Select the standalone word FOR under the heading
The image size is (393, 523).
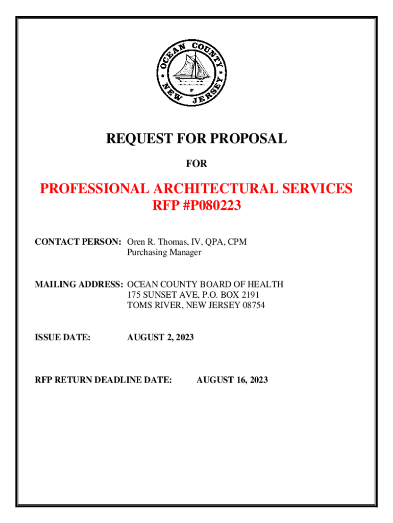coord(196,164)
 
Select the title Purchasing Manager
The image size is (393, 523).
coord(164,252)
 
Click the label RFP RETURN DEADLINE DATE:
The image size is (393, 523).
coord(103,380)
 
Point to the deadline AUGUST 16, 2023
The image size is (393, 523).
coord(232,380)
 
